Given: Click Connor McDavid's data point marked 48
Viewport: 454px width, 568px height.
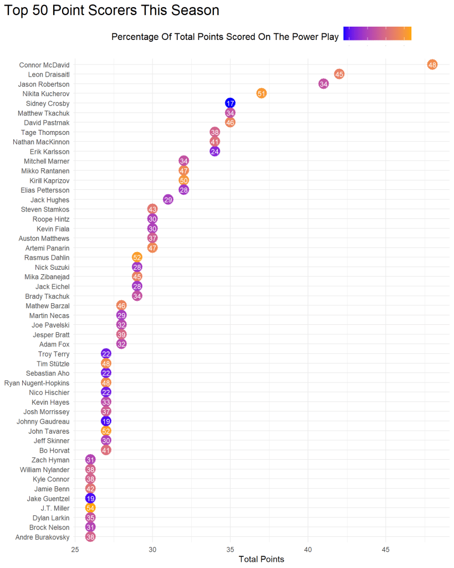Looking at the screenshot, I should pyautogui.click(x=432, y=64).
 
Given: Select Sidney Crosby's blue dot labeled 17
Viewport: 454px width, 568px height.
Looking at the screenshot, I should pyautogui.click(x=230, y=103).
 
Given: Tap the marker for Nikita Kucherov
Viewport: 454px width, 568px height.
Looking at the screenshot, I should pyautogui.click(x=262, y=93).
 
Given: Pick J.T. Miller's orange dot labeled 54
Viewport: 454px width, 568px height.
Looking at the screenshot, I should pyautogui.click(x=90, y=508).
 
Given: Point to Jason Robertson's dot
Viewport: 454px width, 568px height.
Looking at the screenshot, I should pyautogui.click(x=324, y=84).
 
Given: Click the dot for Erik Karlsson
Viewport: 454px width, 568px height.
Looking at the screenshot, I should pyautogui.click(x=215, y=152).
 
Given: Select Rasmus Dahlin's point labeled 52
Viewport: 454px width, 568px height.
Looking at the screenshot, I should pyautogui.click(x=137, y=257).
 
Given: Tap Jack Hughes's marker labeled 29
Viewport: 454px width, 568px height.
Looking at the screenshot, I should pyautogui.click(x=168, y=199).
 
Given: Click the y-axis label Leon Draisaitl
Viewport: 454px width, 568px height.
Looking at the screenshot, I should pyautogui.click(x=48, y=74).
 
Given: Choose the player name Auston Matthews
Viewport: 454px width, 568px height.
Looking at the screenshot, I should pyautogui.click(x=47, y=238).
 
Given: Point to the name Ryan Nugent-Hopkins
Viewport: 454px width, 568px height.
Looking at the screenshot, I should pyautogui.click(x=37, y=383).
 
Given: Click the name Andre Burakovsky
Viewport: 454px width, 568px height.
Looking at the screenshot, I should pyautogui.click(x=43, y=537).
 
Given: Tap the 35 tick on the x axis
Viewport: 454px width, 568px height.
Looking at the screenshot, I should pyautogui.click(x=230, y=550).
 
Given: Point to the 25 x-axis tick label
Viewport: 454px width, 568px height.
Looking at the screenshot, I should pyautogui.click(x=75, y=550).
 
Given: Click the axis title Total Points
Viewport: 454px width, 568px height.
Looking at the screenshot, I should pyautogui.click(x=261, y=559).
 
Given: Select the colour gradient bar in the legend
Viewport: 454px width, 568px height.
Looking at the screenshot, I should pyautogui.click(x=378, y=34).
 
